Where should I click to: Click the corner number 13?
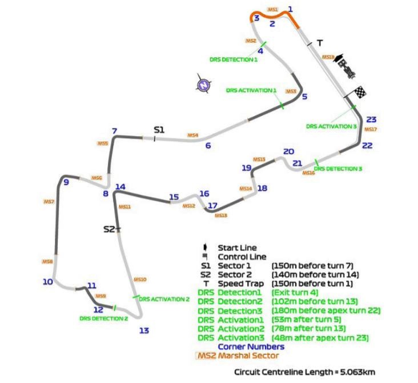(x=144, y=330)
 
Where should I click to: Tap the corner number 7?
(x=114, y=131)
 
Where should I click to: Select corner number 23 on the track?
(x=372, y=119)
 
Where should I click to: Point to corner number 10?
(x=47, y=281)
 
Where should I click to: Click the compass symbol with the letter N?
(x=202, y=86)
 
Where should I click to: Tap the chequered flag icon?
(x=361, y=92)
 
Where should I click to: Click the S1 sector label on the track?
(x=159, y=130)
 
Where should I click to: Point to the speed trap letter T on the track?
(x=320, y=43)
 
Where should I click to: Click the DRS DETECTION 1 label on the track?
(x=233, y=58)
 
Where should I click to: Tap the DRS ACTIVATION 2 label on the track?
(x=164, y=299)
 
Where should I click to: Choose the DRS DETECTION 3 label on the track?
(x=338, y=169)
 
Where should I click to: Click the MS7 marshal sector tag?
(x=49, y=202)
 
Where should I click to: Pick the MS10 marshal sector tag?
(x=140, y=280)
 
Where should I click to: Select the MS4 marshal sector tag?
(x=193, y=135)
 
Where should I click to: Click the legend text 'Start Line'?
(x=237, y=248)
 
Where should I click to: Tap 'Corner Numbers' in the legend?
(x=251, y=346)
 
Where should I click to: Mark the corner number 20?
(x=288, y=151)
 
